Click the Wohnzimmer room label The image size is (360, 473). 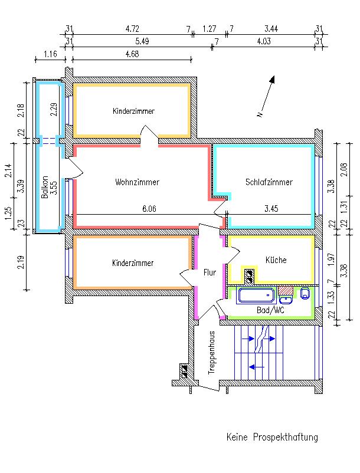pos(137,182)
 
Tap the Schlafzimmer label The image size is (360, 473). pos(269,182)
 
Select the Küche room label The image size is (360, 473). pos(276,260)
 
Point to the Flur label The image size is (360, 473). pos(210,272)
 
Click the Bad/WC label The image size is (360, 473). pos(271,310)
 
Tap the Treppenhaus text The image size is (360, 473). pos(212,353)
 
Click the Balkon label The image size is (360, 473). pos(45,187)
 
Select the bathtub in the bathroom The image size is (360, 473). pos(256,295)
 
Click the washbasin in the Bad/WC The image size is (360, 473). pos(286,300)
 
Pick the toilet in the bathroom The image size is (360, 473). pos(305,293)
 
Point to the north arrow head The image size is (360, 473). pos(272,79)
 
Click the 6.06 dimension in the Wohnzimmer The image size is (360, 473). pos(149,209)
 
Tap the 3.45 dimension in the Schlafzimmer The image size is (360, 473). pos(271,208)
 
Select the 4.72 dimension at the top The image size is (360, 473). pos(132,29)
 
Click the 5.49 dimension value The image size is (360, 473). pos(142,41)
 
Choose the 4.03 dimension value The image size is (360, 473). pos(264,41)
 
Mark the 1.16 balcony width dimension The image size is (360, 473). pos(50,54)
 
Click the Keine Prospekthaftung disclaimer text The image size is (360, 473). pos(272,437)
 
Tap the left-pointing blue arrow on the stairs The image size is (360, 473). pos(256,367)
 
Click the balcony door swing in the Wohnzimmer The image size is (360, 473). pos(74,168)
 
